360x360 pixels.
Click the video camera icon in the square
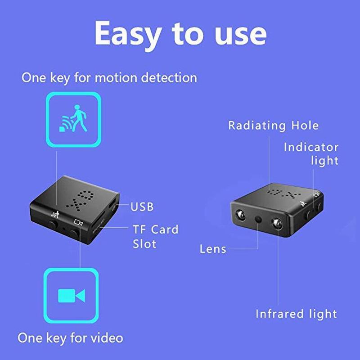click(x=71, y=295)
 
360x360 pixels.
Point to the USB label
click(x=142, y=207)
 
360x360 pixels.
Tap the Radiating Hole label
click(x=273, y=125)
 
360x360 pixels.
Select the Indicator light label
click(x=311, y=154)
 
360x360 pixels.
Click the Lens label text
click(x=213, y=249)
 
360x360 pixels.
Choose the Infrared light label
click(x=297, y=314)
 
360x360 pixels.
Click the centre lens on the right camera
click(x=259, y=219)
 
